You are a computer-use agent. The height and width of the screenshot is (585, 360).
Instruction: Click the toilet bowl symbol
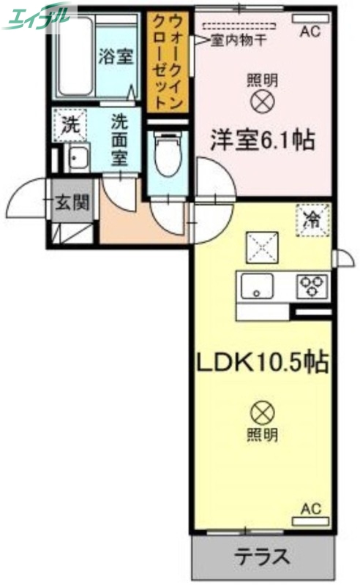click(168, 156)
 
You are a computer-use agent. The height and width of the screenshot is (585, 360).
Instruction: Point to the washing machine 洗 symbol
click(70, 124)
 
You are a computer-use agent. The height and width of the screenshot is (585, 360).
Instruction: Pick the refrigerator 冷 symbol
click(312, 220)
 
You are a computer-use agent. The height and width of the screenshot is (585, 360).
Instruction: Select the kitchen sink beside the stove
click(257, 287)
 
